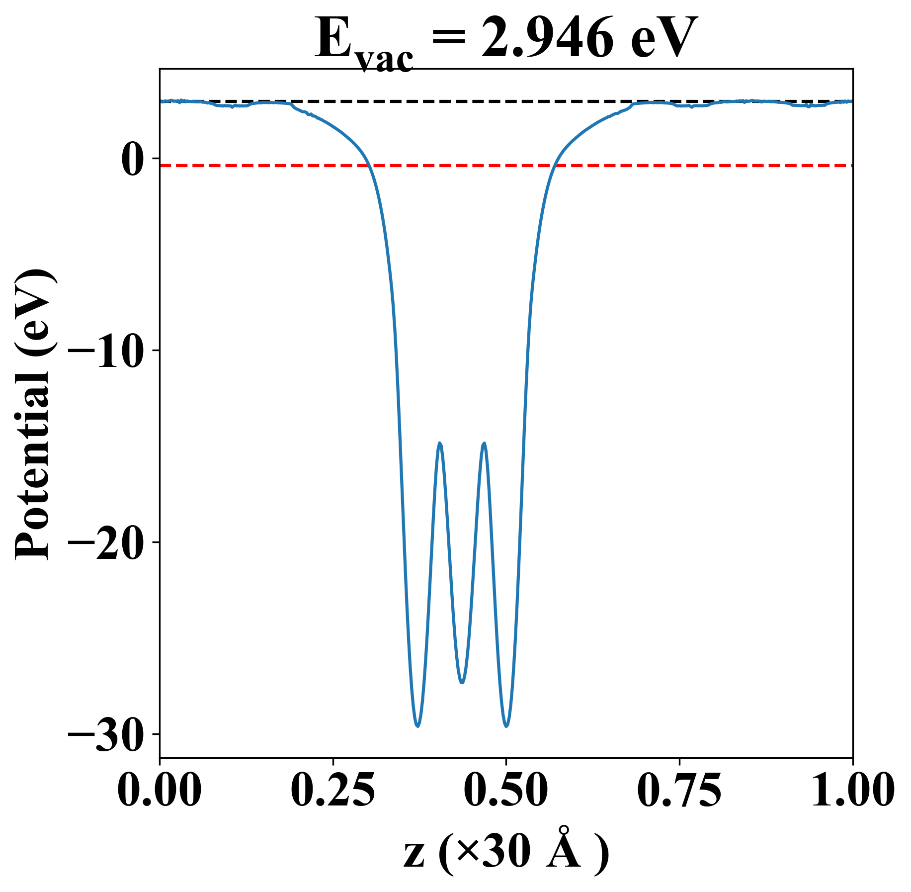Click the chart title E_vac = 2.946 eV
click(x=505, y=40)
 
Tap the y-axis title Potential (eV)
click(x=34, y=415)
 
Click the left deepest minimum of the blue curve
click(x=418, y=726)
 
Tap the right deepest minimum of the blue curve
click(x=506, y=726)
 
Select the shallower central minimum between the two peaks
click(x=462, y=682)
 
